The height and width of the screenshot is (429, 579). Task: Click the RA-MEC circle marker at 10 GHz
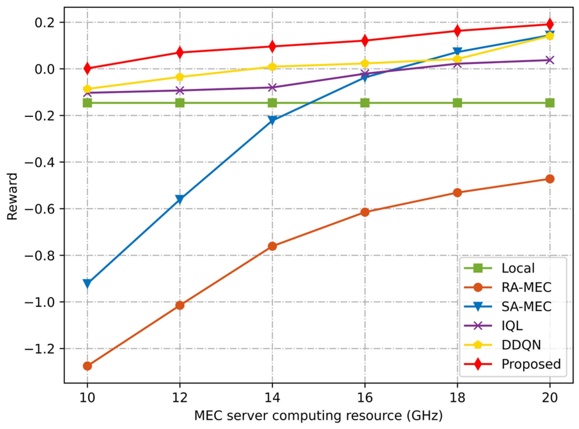point(87,366)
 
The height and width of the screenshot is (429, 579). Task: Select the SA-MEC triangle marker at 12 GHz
point(180,199)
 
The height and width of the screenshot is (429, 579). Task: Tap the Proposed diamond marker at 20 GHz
point(550,24)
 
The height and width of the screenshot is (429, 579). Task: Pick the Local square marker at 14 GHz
point(272,103)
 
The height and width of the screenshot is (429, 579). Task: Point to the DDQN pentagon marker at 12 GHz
point(180,77)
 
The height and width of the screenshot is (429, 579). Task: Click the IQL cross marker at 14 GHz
point(272,88)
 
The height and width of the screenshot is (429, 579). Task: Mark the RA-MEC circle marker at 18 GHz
point(458,193)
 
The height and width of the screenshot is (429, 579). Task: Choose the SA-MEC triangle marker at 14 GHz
point(272,120)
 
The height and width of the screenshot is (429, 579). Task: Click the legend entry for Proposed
point(531,364)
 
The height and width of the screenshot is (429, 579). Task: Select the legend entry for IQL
point(512,326)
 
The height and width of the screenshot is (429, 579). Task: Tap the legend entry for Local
point(518,268)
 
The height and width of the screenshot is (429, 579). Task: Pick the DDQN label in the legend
point(521,345)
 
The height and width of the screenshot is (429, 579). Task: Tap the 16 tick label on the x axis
point(365,398)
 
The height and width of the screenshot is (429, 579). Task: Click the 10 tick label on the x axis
point(87,398)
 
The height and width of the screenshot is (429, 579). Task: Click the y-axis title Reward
point(12,196)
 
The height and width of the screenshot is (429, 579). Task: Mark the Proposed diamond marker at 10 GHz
point(87,68)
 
